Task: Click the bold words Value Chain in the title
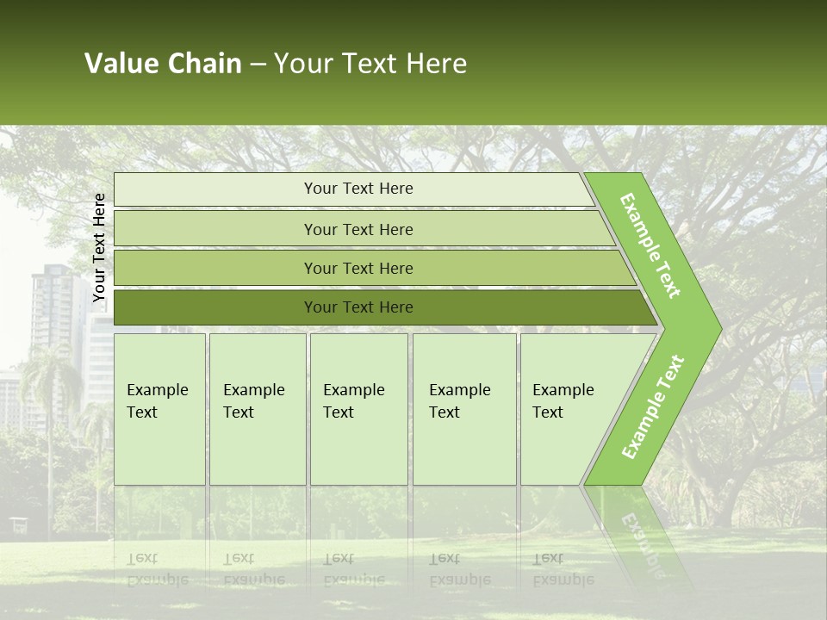pyautogui.click(x=163, y=64)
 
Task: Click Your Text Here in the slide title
pyautogui.click(x=370, y=64)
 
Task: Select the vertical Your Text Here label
pyautogui.click(x=100, y=247)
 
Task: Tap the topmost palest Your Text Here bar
pyautogui.click(x=358, y=189)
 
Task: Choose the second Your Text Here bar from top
pyautogui.click(x=358, y=229)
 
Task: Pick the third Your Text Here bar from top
pyautogui.click(x=358, y=268)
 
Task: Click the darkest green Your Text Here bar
pyautogui.click(x=358, y=307)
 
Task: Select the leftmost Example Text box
pyautogui.click(x=159, y=408)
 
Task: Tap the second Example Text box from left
pyautogui.click(x=257, y=408)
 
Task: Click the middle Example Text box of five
pyautogui.click(x=358, y=408)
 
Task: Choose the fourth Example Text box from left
pyautogui.click(x=463, y=408)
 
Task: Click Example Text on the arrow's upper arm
pyautogui.click(x=651, y=245)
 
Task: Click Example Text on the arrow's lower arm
pyautogui.click(x=653, y=407)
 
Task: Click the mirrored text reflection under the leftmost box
pyautogui.click(x=157, y=569)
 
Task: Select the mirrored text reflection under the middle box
pyautogui.click(x=354, y=569)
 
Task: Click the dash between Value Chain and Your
pyautogui.click(x=258, y=65)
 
